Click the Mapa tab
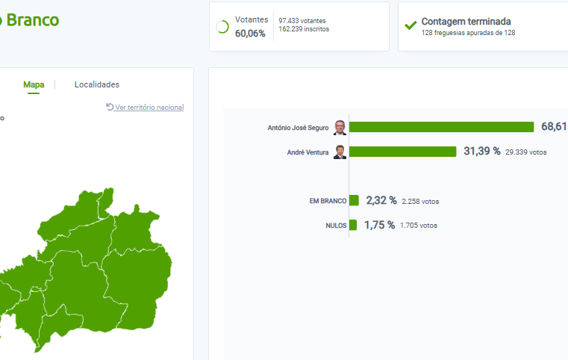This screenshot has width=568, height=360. [34, 84]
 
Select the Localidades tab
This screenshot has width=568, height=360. [97, 84]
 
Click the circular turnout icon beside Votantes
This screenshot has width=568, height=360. [222, 27]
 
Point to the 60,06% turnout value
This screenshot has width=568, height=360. [250, 34]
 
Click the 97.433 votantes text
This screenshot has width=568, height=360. [302, 20]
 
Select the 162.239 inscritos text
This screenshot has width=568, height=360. [304, 29]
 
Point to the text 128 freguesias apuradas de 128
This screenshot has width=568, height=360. [468, 33]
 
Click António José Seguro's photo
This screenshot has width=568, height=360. [340, 127]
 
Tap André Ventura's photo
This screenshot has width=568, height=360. [340, 152]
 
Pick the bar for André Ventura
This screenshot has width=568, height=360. [403, 152]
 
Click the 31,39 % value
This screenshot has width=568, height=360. [482, 152]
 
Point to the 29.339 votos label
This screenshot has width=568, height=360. [526, 152]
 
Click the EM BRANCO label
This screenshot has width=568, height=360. [328, 201]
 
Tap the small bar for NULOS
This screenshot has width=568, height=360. [353, 225]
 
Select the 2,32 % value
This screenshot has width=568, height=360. [381, 200]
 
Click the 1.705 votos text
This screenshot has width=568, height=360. [419, 226]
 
